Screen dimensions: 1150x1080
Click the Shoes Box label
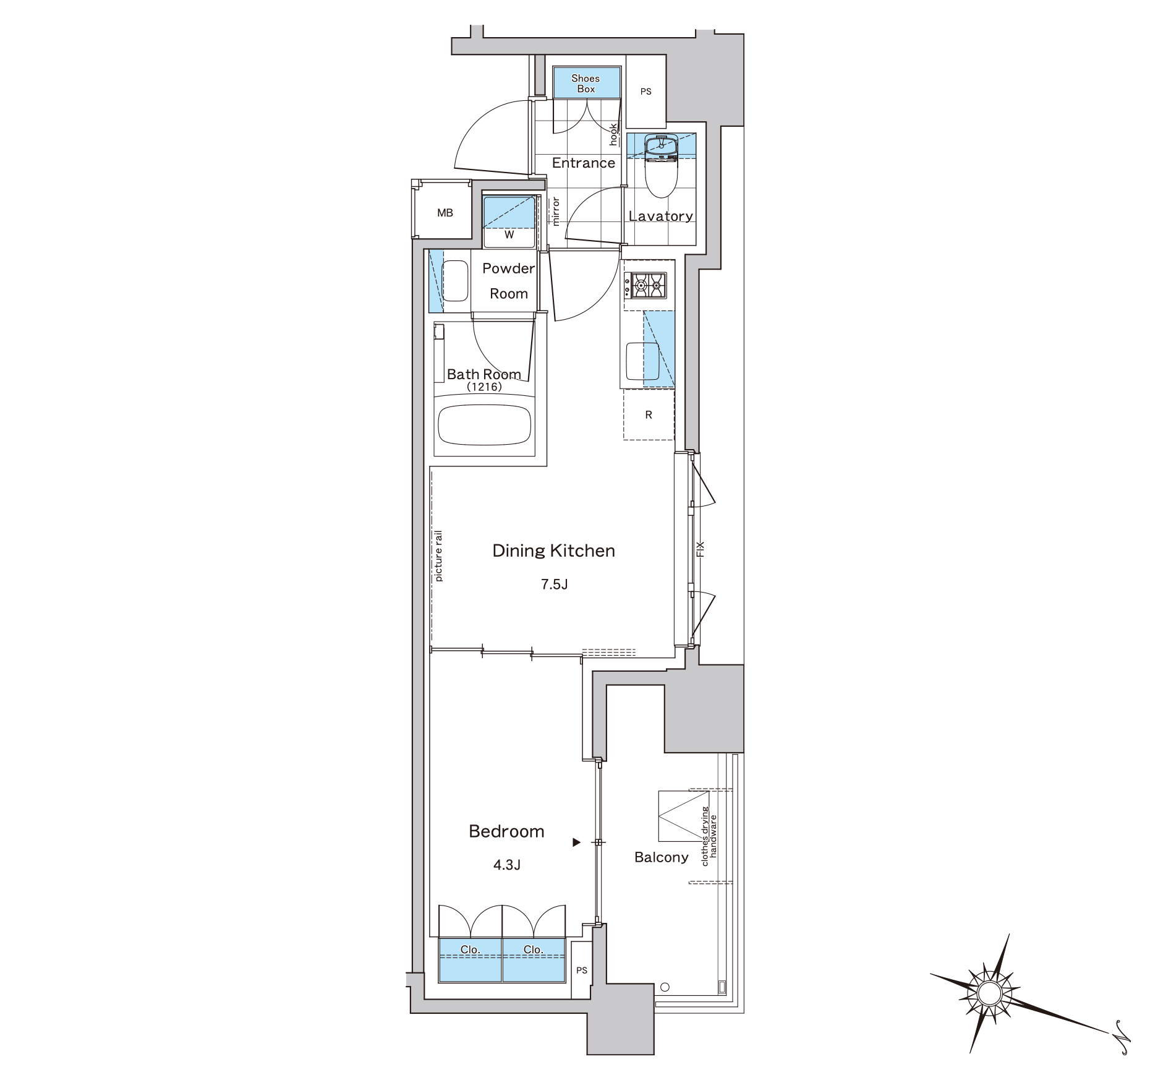(x=586, y=84)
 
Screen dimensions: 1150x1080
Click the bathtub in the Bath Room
(x=484, y=425)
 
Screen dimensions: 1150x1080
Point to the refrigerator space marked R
(x=649, y=414)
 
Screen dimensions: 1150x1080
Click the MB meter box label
(x=445, y=213)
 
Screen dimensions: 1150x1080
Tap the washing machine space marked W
(x=509, y=235)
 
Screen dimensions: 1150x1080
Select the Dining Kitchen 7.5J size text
(x=555, y=584)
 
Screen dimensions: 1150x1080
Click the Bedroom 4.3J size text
(x=507, y=865)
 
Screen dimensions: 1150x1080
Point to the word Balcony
(x=662, y=857)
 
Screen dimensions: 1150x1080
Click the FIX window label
(x=701, y=549)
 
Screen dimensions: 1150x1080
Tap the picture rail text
(x=438, y=555)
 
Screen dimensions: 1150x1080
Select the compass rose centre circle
(x=989, y=993)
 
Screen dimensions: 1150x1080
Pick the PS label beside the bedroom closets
(x=582, y=970)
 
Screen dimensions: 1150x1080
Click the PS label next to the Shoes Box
(x=646, y=92)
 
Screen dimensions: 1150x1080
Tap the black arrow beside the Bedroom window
(x=576, y=842)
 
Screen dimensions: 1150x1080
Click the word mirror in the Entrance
(x=555, y=211)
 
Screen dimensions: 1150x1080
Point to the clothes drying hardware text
(x=709, y=836)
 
